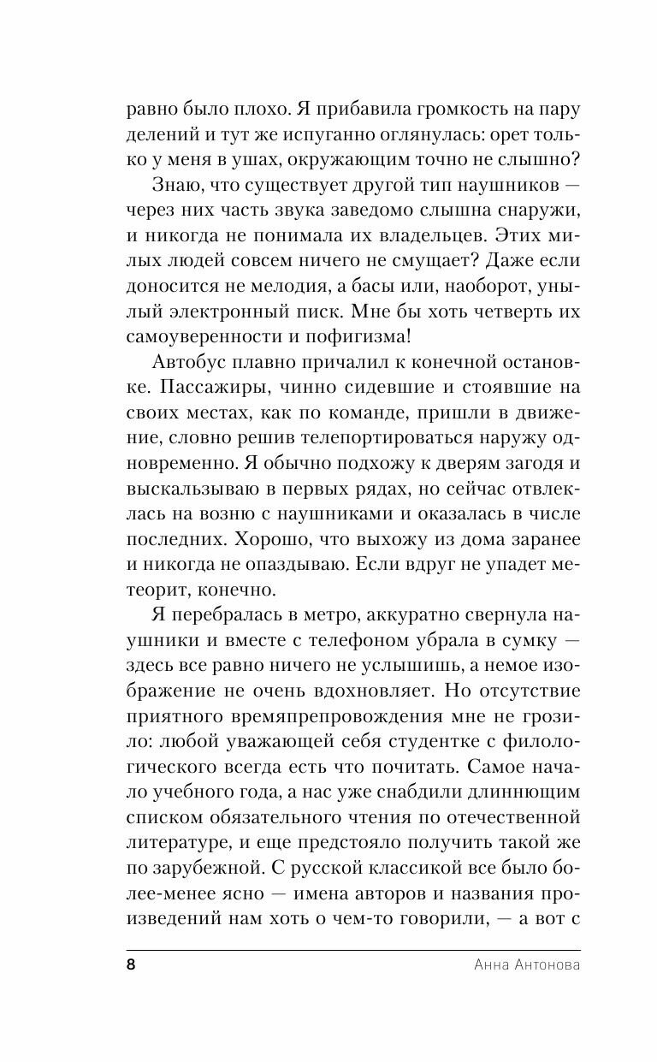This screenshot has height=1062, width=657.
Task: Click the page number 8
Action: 131,964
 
